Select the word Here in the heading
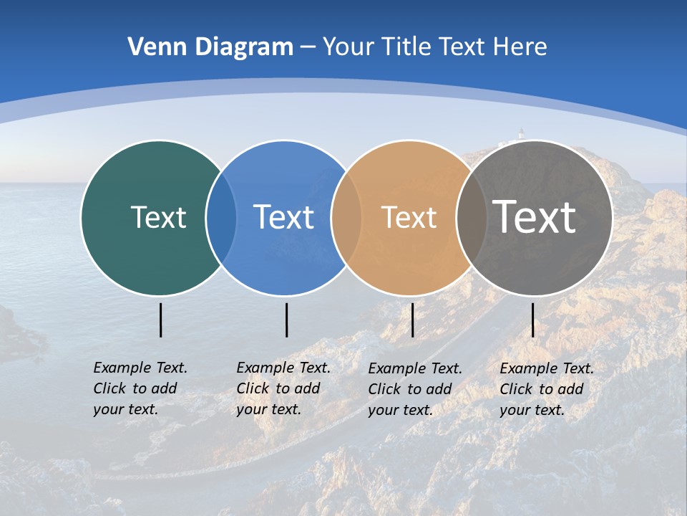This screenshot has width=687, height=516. coord(520,47)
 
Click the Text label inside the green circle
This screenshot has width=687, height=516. coord(158,217)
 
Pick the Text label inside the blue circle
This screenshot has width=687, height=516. coord(283,217)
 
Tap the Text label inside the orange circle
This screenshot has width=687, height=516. coord(409,217)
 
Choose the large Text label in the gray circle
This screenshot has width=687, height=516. coord(534,216)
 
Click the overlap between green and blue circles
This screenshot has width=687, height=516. coord(221,218)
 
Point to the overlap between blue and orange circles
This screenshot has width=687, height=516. coord(346,218)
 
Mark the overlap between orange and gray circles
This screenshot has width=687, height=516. coord(471,218)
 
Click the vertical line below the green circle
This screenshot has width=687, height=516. coord(161,320)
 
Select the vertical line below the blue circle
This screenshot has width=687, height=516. coord(286,320)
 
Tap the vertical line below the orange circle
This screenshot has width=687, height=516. coord(413,320)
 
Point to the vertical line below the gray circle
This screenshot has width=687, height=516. coord(533,320)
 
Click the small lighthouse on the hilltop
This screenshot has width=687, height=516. coord(521,133)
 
